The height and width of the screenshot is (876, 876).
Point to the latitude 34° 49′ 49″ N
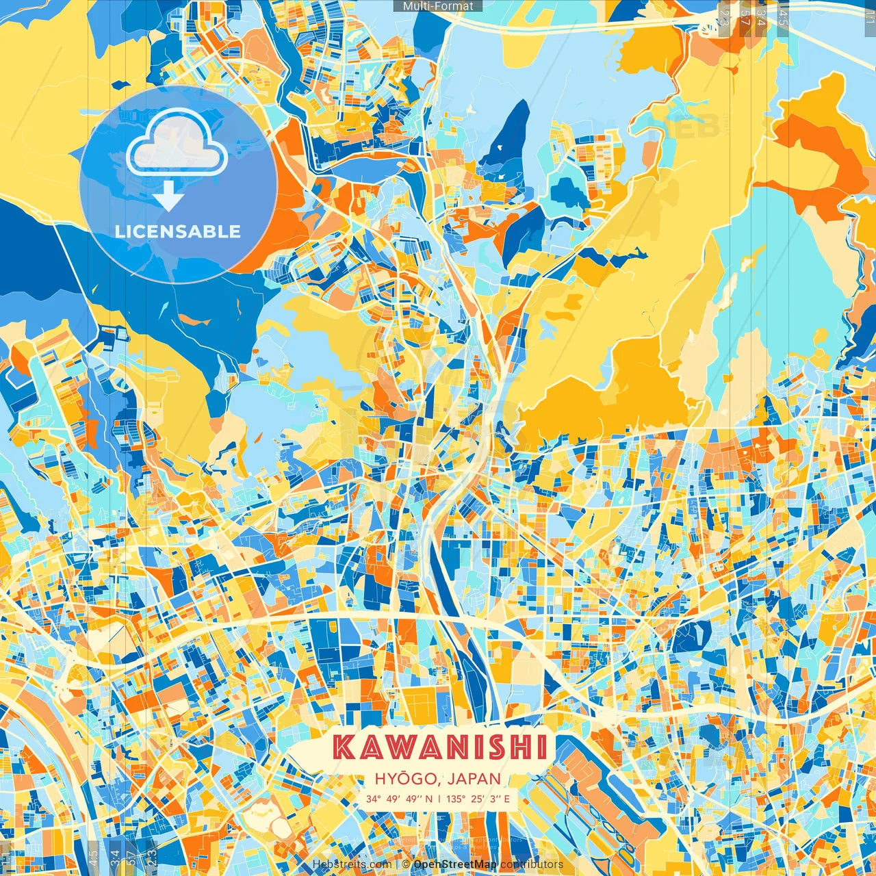(x=398, y=799)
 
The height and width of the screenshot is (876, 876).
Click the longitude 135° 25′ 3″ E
(x=479, y=799)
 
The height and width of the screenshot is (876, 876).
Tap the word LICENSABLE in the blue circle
(x=178, y=231)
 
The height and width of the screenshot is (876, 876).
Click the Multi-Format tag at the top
(x=438, y=6)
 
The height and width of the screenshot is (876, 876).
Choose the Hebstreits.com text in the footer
(x=352, y=864)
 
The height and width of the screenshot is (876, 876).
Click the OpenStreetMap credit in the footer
(x=455, y=864)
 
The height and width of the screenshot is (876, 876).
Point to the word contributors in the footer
(x=532, y=864)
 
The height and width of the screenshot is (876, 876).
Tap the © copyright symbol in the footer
(x=406, y=864)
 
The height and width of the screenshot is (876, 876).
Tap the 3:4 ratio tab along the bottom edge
(x=114, y=857)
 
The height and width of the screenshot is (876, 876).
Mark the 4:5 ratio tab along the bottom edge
(x=93, y=857)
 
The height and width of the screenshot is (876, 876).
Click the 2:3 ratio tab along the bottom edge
(x=152, y=857)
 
